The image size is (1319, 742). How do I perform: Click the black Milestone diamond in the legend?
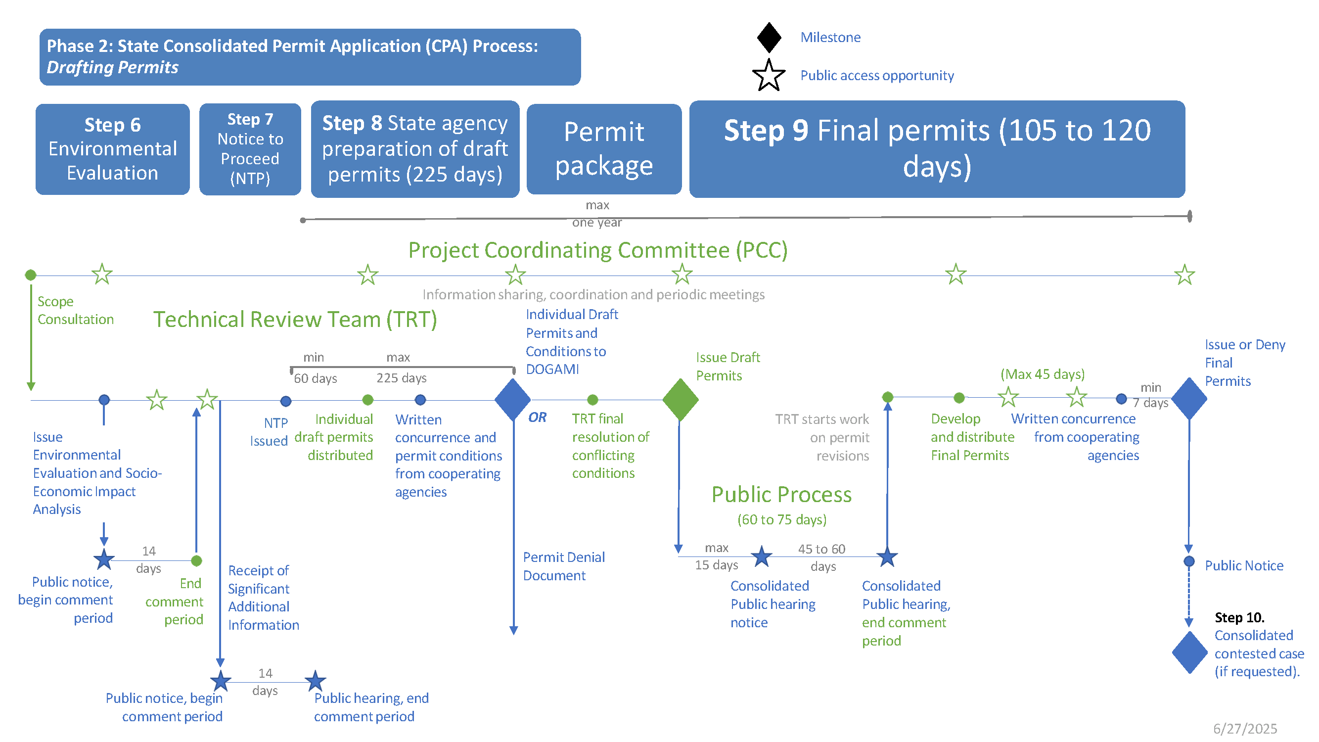point(769,38)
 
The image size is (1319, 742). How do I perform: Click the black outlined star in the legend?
point(769,76)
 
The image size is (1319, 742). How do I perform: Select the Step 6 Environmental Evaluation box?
point(112,149)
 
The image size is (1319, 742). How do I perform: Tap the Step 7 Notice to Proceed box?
point(250,149)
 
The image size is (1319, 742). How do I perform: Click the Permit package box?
point(604,149)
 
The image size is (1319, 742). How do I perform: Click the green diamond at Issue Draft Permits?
point(680,399)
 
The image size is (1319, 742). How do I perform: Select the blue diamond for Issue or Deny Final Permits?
point(1189,398)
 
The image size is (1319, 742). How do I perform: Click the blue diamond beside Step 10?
point(1189,652)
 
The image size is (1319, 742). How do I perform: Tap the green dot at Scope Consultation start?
point(31,275)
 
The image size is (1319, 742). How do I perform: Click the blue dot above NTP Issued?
point(286,401)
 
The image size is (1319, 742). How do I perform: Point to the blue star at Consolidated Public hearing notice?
point(762,556)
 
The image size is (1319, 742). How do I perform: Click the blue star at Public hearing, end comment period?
point(316,681)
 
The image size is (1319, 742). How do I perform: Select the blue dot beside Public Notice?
point(1189,562)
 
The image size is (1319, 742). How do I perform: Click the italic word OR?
point(537,417)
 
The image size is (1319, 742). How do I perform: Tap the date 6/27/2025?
point(1245,728)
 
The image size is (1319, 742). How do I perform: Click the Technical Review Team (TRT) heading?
point(295,319)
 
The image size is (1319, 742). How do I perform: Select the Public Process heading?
point(781,495)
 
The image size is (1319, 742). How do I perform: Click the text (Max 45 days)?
point(1042,374)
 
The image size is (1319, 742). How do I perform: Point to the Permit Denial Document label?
point(563,566)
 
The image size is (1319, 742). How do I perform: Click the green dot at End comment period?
point(196,561)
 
